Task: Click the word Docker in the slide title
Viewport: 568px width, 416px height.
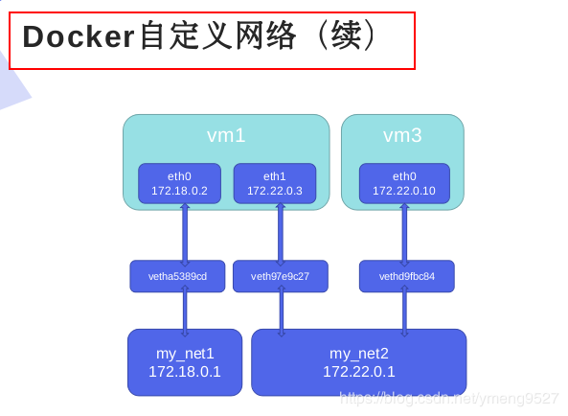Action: pyautogui.click(x=80, y=36)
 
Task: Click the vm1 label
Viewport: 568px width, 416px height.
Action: pyautogui.click(x=226, y=135)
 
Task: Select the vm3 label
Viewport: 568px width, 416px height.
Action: pyautogui.click(x=402, y=135)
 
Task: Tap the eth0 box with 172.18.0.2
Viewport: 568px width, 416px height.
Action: pyautogui.click(x=179, y=183)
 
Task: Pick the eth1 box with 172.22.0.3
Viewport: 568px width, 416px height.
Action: pyautogui.click(x=275, y=183)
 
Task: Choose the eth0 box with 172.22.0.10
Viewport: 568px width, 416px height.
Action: pyautogui.click(x=404, y=183)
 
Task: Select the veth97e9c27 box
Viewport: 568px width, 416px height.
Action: pyautogui.click(x=281, y=276)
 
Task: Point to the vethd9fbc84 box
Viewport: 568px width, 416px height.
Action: pyautogui.click(x=407, y=276)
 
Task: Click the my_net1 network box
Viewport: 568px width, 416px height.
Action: pyautogui.click(x=185, y=362)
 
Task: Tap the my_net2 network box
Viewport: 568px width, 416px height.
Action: pyautogui.click(x=359, y=362)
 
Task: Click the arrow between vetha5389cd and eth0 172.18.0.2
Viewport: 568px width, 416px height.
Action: pyautogui.click(x=185, y=232)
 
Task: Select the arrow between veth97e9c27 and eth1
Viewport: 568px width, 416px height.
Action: pyautogui.click(x=281, y=232)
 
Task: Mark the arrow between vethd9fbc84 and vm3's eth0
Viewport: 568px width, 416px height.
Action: pyautogui.click(x=404, y=232)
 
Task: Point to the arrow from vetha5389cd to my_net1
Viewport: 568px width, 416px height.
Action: pyautogui.click(x=185, y=311)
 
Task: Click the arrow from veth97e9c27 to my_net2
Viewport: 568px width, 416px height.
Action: pyautogui.click(x=281, y=312)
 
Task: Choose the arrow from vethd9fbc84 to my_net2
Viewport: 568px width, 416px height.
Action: pyautogui.click(x=404, y=312)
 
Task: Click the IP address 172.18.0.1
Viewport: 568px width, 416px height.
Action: pyautogui.click(x=185, y=372)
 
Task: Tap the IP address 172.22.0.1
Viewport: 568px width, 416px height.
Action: pyautogui.click(x=359, y=372)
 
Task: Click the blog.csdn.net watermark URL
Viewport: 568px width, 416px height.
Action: pyautogui.click(x=449, y=398)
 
